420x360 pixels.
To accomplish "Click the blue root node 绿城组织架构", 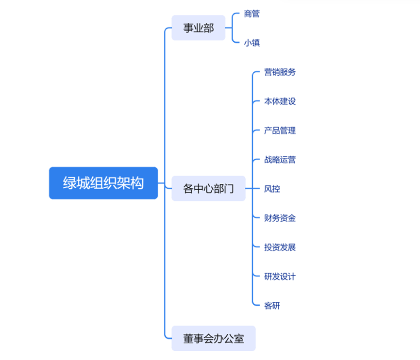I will (x=103, y=183).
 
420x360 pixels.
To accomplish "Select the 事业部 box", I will (x=199, y=28).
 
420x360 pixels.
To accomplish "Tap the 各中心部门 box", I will (x=208, y=189).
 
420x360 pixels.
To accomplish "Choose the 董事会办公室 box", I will (x=213, y=339).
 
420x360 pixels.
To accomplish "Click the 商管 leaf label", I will (x=252, y=14).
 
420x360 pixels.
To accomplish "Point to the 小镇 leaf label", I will (x=252, y=43).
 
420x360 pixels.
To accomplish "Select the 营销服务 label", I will (x=280, y=72).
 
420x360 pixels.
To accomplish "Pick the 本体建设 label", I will (x=280, y=101).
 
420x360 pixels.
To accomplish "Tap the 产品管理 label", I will (x=280, y=131).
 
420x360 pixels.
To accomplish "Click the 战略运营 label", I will (x=280, y=160).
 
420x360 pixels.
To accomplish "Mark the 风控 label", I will (x=272, y=189).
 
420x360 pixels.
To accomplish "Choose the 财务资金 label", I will (x=280, y=218).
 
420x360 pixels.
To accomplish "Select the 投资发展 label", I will (x=280, y=247).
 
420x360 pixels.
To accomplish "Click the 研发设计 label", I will (x=280, y=277).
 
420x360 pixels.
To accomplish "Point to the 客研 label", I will (x=272, y=306).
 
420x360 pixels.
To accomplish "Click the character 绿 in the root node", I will (x=70, y=183).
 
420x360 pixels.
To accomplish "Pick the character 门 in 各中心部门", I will (x=228, y=189).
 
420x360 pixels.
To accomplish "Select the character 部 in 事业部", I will (x=209, y=28).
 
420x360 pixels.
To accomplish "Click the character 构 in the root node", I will (x=137, y=183).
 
